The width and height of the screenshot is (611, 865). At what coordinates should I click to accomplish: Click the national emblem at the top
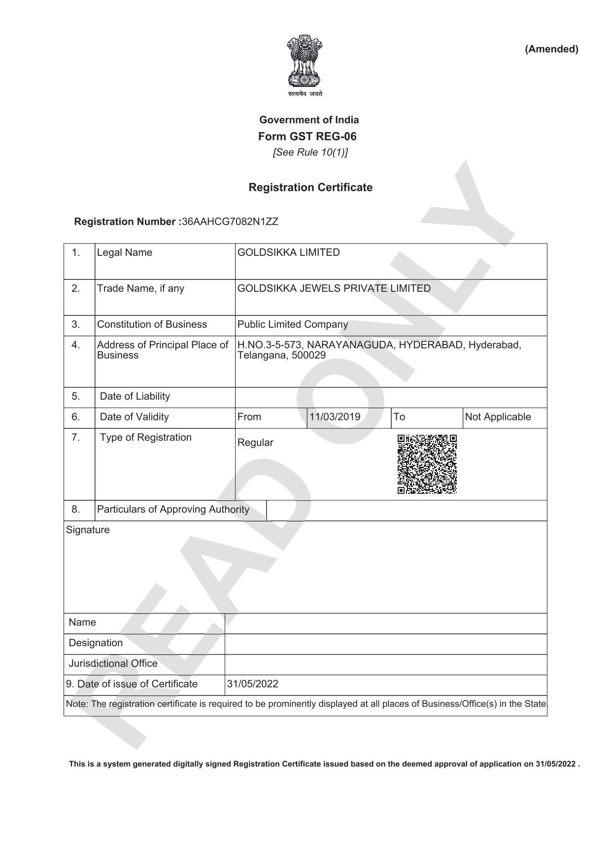305,63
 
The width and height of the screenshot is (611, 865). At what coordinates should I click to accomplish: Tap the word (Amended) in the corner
551,49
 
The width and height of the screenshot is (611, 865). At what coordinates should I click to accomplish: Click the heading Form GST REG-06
307,137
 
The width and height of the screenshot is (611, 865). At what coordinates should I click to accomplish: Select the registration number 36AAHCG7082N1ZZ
230,222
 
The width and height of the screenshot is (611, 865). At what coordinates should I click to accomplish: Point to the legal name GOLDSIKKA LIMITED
288,252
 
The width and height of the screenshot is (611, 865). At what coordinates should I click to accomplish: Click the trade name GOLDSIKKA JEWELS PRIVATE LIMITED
334,288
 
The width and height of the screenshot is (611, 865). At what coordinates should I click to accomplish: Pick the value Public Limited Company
292,324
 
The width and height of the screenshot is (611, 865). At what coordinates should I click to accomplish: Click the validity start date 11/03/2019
335,417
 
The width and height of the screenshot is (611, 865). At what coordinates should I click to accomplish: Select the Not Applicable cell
498,417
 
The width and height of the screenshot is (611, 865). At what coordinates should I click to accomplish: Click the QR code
427,464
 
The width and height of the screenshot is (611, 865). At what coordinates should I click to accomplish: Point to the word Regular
255,443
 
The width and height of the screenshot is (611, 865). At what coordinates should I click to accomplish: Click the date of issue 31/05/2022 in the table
252,684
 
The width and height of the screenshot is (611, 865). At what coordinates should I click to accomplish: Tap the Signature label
88,530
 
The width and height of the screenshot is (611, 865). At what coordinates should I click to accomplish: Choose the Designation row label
96,643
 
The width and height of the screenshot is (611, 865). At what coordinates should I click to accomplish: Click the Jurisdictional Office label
113,663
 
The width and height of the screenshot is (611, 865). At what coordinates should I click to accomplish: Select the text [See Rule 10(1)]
310,152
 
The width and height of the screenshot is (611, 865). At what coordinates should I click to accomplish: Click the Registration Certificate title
310,187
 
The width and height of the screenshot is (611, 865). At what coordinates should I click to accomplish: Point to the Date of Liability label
135,396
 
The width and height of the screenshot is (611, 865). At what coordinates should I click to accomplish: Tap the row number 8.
75,509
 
